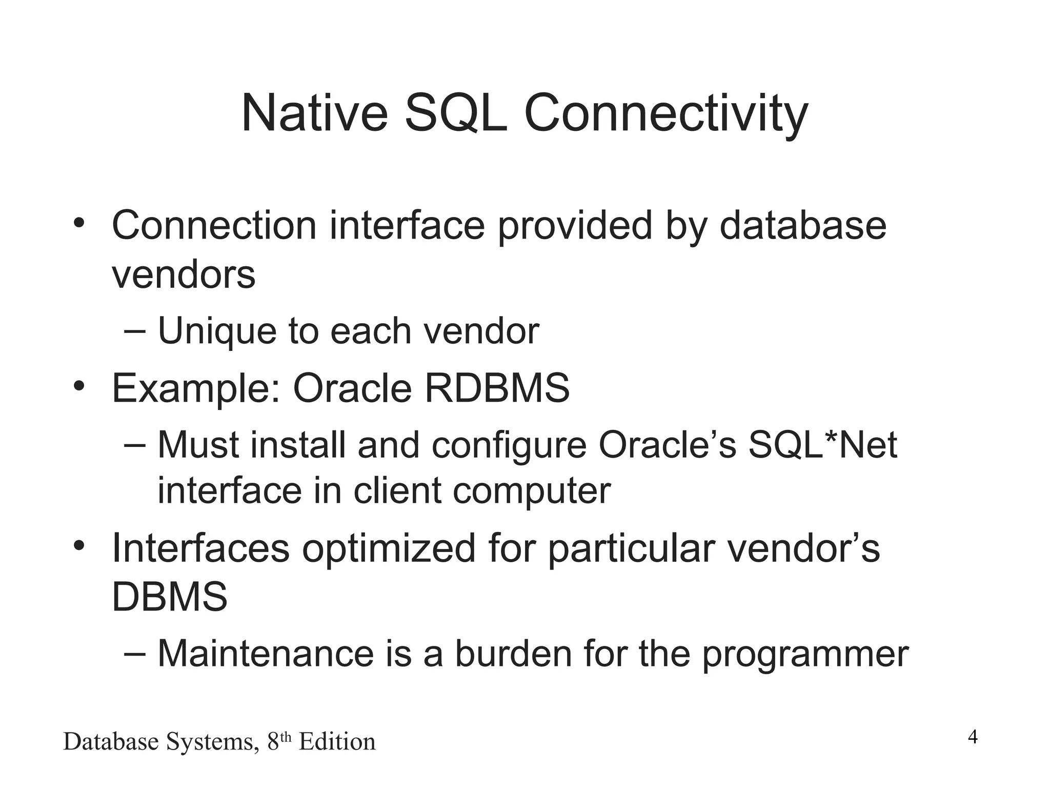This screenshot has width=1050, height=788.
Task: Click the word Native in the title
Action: coord(314,114)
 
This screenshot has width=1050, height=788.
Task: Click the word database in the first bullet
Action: coord(803,226)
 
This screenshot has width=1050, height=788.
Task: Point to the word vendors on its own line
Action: coord(183,275)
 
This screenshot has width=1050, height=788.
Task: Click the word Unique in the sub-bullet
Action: coord(217,331)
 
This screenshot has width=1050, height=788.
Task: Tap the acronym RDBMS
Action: coord(497,388)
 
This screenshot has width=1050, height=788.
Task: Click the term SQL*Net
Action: coord(823,445)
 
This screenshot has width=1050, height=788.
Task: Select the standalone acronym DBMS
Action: coord(169,597)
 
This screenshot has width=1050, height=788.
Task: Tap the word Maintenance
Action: coord(266,654)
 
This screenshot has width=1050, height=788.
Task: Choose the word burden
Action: coord(513,654)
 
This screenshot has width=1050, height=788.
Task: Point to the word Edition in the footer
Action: coord(337,742)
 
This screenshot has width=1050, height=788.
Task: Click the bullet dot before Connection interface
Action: coord(78,224)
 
